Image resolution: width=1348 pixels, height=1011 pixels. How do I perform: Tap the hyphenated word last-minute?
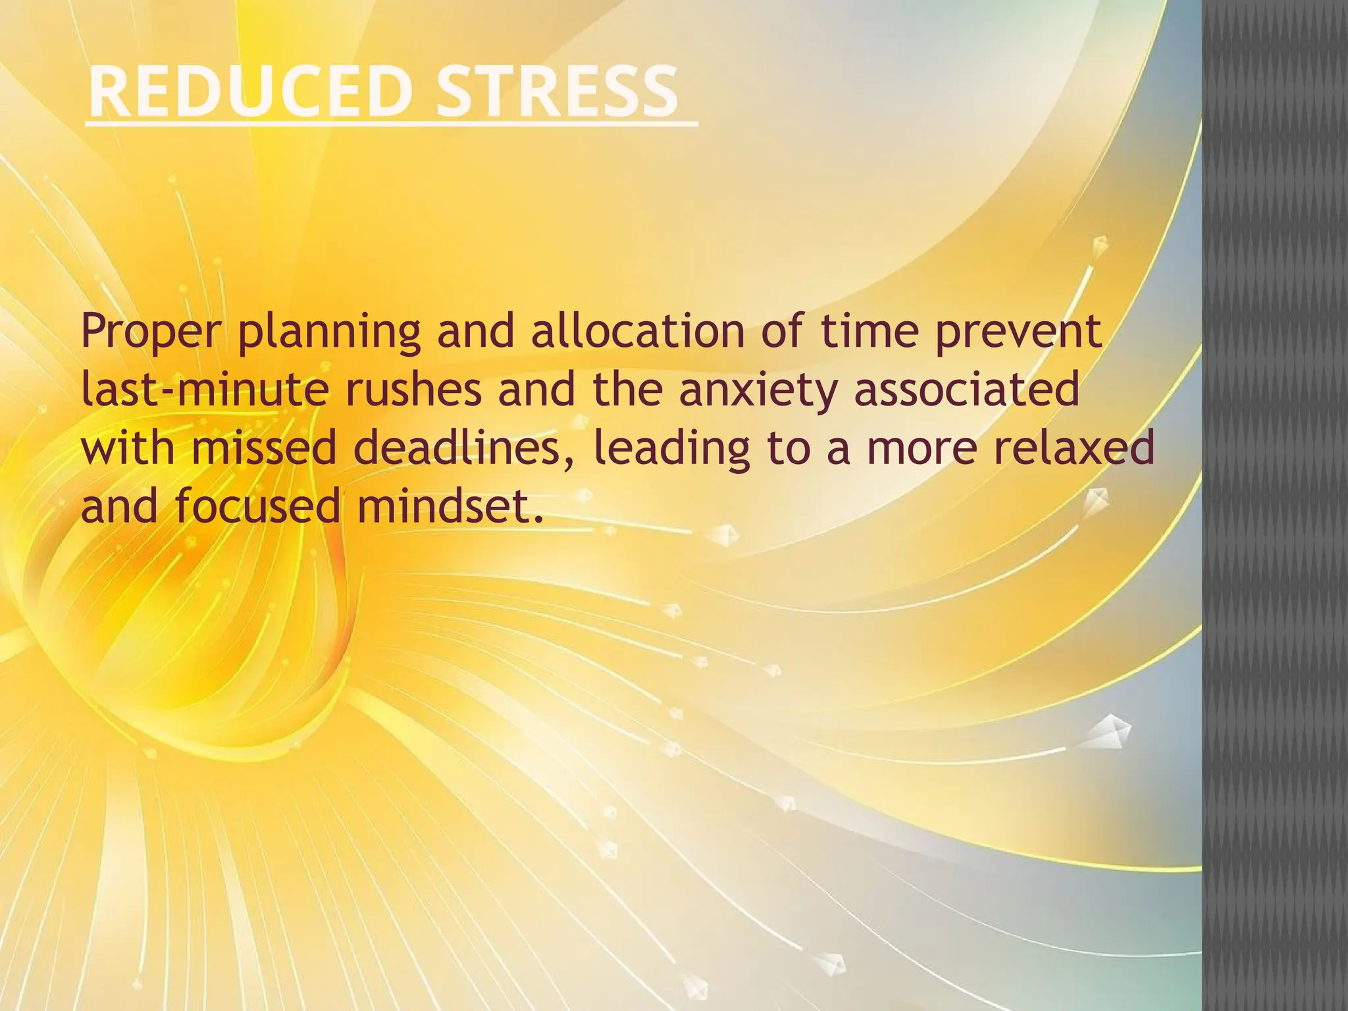205,390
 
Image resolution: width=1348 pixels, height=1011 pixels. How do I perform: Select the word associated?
967,390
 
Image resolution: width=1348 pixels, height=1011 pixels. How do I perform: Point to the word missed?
265,448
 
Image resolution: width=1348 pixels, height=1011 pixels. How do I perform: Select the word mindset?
450,506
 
